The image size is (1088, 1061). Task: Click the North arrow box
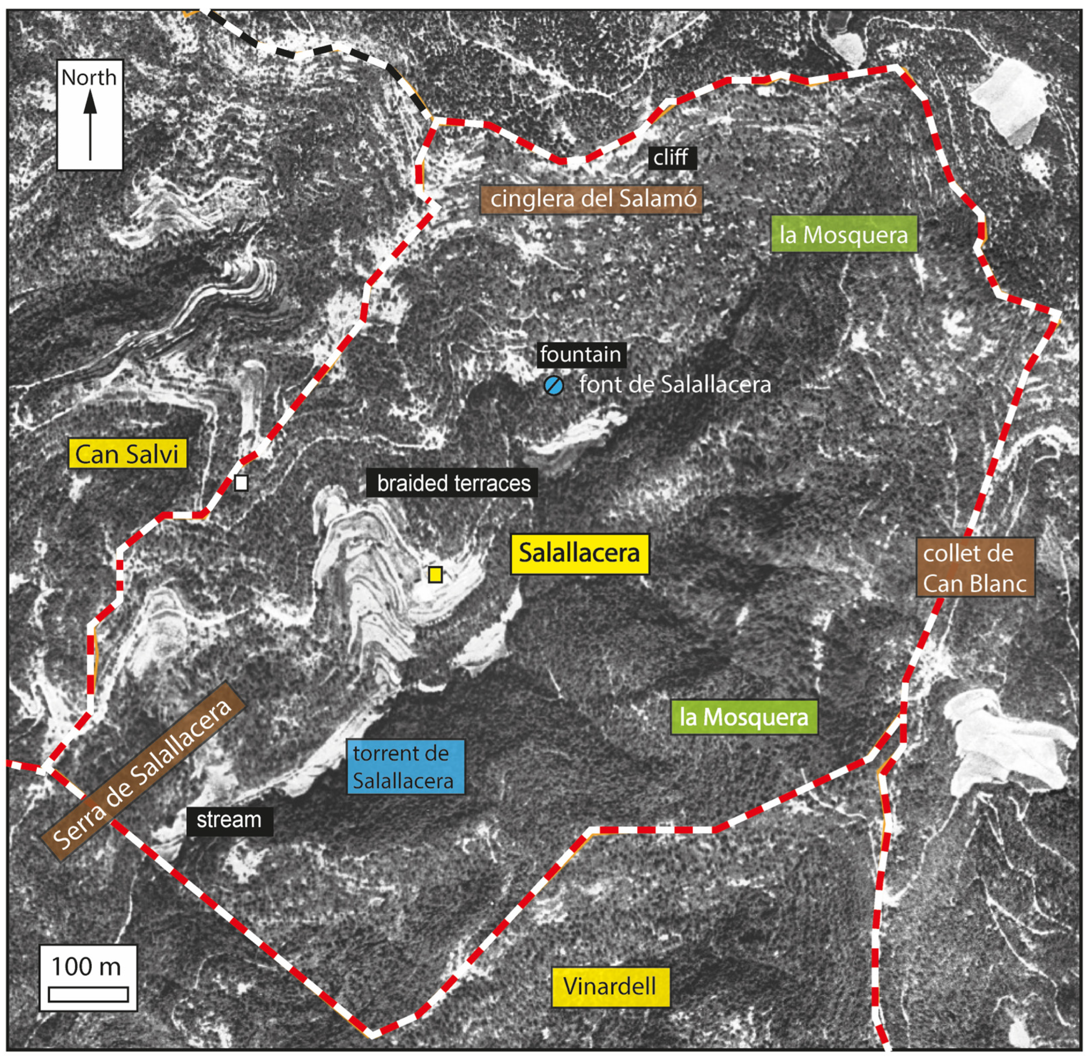pyautogui.click(x=90, y=115)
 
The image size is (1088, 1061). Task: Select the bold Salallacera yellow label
pyautogui.click(x=579, y=554)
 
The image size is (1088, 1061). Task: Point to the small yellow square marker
pyautogui.click(x=435, y=574)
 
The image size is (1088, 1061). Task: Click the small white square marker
pyautogui.click(x=241, y=483)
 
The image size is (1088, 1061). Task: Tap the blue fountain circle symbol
pyautogui.click(x=554, y=386)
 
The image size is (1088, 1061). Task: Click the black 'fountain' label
pyautogui.click(x=581, y=354)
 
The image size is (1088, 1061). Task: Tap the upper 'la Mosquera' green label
pyautogui.click(x=844, y=234)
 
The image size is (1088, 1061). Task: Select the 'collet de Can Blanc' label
pyautogui.click(x=975, y=568)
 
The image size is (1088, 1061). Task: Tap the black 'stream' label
pyautogui.click(x=229, y=820)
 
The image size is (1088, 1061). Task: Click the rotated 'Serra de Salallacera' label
pyautogui.click(x=143, y=771)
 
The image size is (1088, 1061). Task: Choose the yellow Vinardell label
pyautogui.click(x=610, y=986)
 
